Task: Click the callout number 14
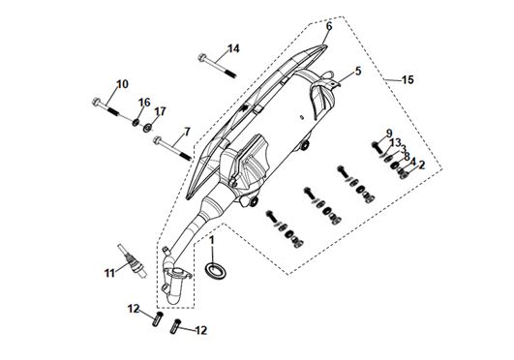click(x=233, y=48)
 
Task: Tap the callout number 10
click(x=122, y=84)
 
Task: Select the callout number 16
click(x=144, y=103)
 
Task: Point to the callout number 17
click(x=160, y=111)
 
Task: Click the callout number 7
click(x=187, y=132)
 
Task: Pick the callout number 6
click(x=329, y=26)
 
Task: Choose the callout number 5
click(x=358, y=71)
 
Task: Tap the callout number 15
click(x=408, y=79)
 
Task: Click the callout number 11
click(x=109, y=273)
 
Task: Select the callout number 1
click(x=212, y=240)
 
